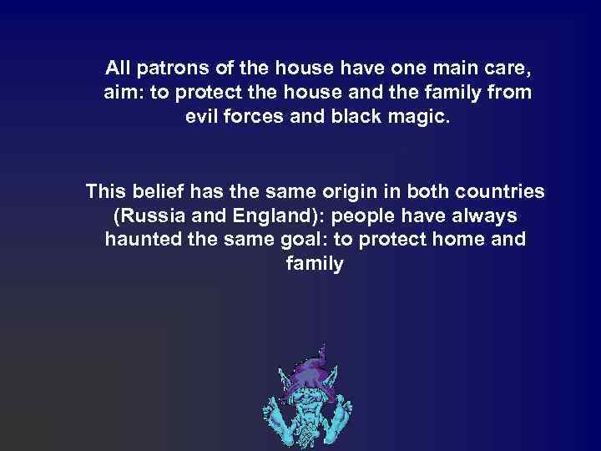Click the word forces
coord(263,116)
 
